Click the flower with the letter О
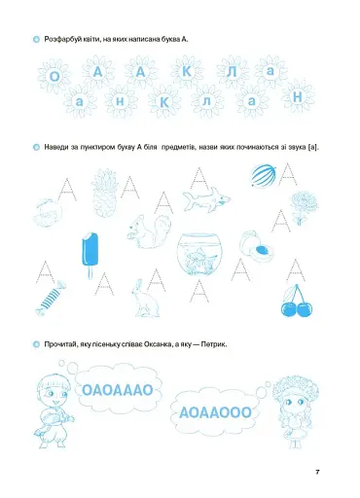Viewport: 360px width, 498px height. point(54,76)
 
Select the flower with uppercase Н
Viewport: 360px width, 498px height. point(299,99)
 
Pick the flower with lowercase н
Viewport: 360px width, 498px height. point(119,100)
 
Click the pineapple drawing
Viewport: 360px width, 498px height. point(104,191)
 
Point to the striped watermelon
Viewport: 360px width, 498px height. point(262,177)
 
